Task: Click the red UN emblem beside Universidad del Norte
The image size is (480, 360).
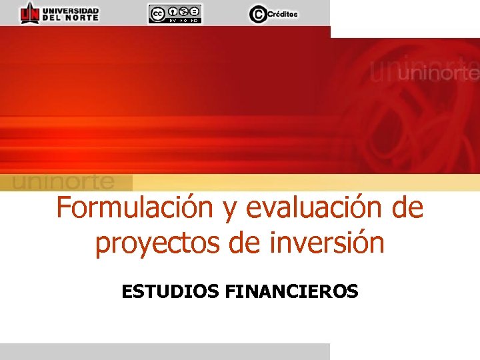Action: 29,13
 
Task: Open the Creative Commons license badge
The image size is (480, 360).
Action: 175,13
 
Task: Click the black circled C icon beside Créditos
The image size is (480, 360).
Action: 257,13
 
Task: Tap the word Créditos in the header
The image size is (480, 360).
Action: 283,14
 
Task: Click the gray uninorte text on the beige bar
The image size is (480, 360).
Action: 64,181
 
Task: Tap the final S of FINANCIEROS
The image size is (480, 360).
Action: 353,291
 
